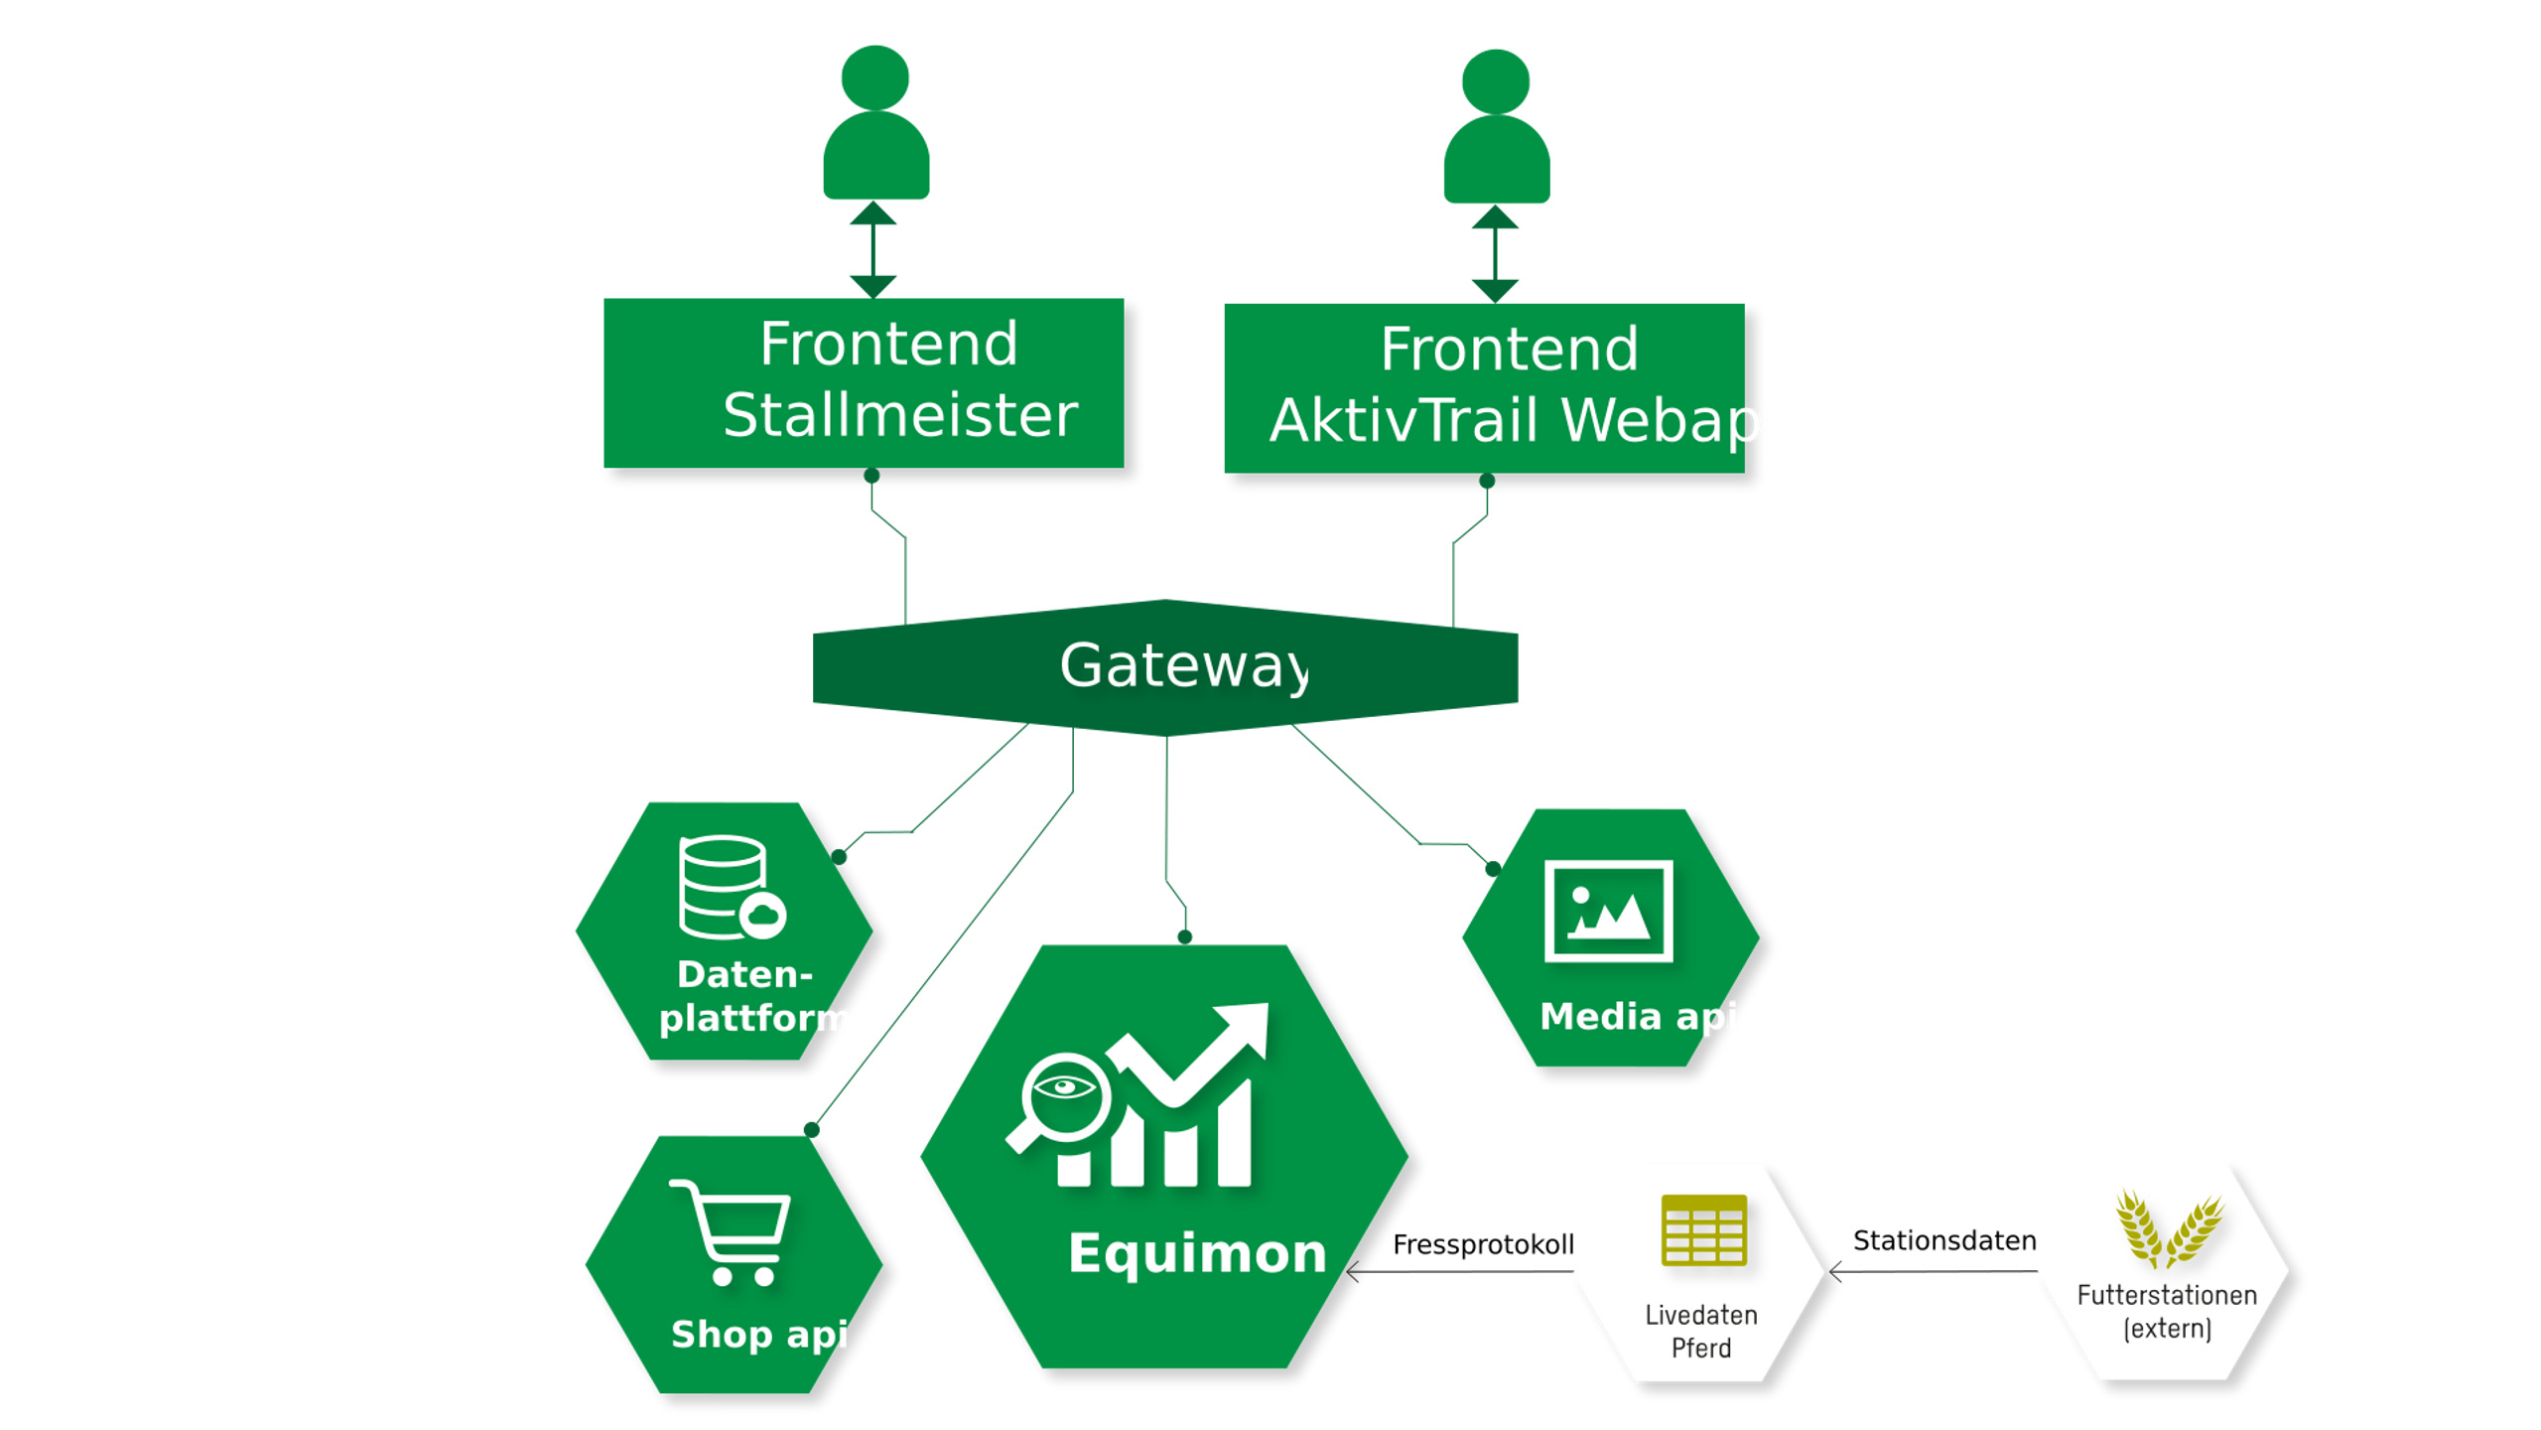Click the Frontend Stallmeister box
click(x=864, y=382)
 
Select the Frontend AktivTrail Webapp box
click(x=1484, y=387)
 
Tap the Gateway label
click(x=1183, y=665)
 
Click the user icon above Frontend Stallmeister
click(x=875, y=124)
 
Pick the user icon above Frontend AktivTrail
click(x=1496, y=127)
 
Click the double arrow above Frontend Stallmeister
click(x=873, y=249)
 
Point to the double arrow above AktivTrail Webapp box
click(x=1495, y=253)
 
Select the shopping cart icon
click(x=733, y=1231)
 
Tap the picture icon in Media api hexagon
click(x=1608, y=911)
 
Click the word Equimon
click(x=1197, y=1253)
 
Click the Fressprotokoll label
click(x=1483, y=1244)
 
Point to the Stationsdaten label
click(x=1943, y=1240)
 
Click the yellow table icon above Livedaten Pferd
click(x=1703, y=1230)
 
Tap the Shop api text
click(x=759, y=1335)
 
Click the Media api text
click(x=1638, y=1017)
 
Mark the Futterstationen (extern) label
click(x=2167, y=1312)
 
